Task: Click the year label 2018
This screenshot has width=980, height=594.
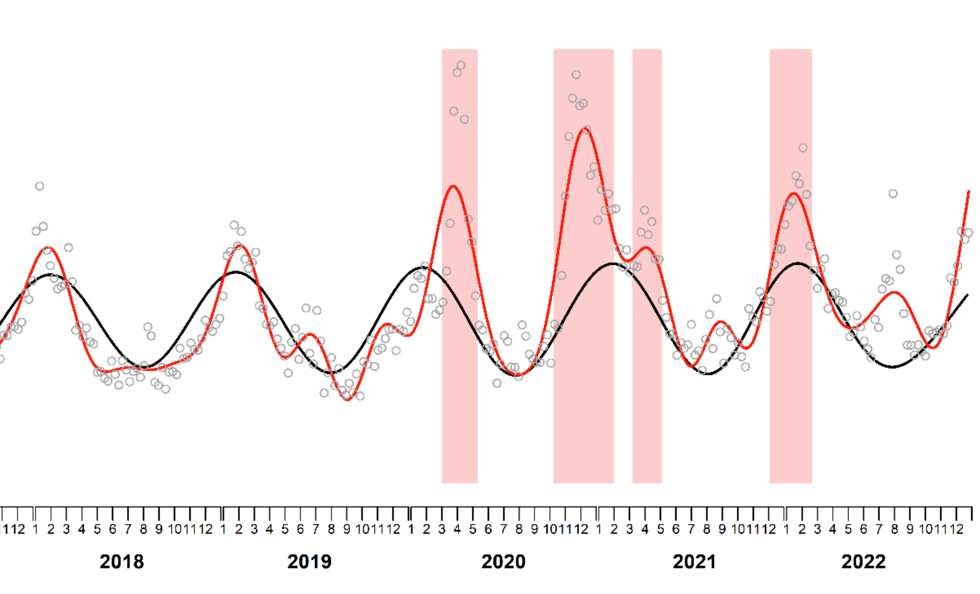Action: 121,562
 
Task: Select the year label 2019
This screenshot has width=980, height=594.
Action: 309,562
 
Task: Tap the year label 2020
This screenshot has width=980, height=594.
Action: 503,562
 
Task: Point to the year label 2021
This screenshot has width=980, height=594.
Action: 694,562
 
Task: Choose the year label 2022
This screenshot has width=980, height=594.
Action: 863,562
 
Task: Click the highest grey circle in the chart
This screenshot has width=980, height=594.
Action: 461,65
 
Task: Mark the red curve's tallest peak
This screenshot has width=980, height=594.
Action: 584,128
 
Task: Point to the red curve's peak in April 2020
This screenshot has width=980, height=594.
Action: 453,186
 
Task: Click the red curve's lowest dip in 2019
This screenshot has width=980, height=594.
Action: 348,399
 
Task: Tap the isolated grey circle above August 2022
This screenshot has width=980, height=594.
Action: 893,194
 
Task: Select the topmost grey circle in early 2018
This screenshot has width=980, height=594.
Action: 40,186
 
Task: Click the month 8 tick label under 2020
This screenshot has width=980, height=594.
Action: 519,529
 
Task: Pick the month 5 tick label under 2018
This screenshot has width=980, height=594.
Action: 97,529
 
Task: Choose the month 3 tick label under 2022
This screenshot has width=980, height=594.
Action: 817,529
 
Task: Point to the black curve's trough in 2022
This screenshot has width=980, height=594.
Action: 893,367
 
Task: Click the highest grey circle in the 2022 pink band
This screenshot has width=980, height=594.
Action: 803,148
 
